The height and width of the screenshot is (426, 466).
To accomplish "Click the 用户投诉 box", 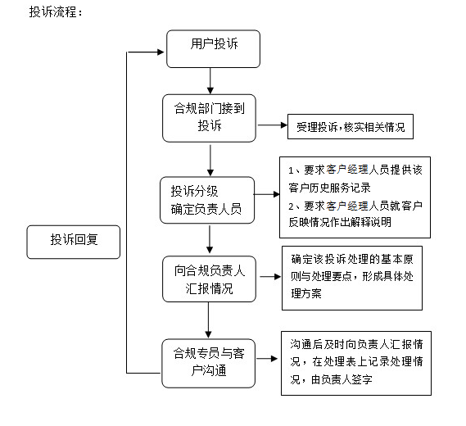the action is [x=213, y=49].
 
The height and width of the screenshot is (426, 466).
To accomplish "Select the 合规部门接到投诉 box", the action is [x=209, y=118].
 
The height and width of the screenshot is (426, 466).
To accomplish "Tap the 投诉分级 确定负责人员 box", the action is [x=207, y=200].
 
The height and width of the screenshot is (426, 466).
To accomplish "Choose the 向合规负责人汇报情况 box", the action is [x=209, y=279].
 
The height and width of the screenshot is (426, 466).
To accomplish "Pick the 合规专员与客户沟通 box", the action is [x=208, y=363].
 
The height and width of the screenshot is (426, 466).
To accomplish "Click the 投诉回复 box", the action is [x=74, y=242].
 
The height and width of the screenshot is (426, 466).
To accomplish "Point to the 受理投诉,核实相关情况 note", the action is [x=351, y=126].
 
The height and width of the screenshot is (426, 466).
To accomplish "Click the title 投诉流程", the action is [x=55, y=12].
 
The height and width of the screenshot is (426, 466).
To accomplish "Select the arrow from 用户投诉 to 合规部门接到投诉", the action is [x=210, y=81].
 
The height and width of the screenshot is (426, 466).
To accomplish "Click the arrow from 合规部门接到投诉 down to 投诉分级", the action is [x=210, y=161].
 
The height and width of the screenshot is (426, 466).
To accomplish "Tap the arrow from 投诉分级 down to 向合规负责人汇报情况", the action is [x=210, y=239].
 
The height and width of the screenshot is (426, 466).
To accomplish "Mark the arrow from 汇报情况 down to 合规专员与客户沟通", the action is [x=208, y=320].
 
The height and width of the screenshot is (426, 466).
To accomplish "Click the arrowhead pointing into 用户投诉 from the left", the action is [x=161, y=52].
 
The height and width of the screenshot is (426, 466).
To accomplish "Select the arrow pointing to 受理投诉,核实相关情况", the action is [x=272, y=125].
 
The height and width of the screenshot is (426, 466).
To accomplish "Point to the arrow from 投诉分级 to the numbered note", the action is [x=267, y=194].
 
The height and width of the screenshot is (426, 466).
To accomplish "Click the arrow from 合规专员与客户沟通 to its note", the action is [x=267, y=359].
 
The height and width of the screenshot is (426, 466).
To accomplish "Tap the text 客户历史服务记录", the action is [x=329, y=188].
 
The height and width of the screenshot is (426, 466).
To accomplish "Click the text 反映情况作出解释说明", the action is [x=340, y=222].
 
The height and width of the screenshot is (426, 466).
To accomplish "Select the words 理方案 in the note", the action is [x=306, y=293].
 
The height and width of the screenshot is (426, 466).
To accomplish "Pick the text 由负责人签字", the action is [x=342, y=379].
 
